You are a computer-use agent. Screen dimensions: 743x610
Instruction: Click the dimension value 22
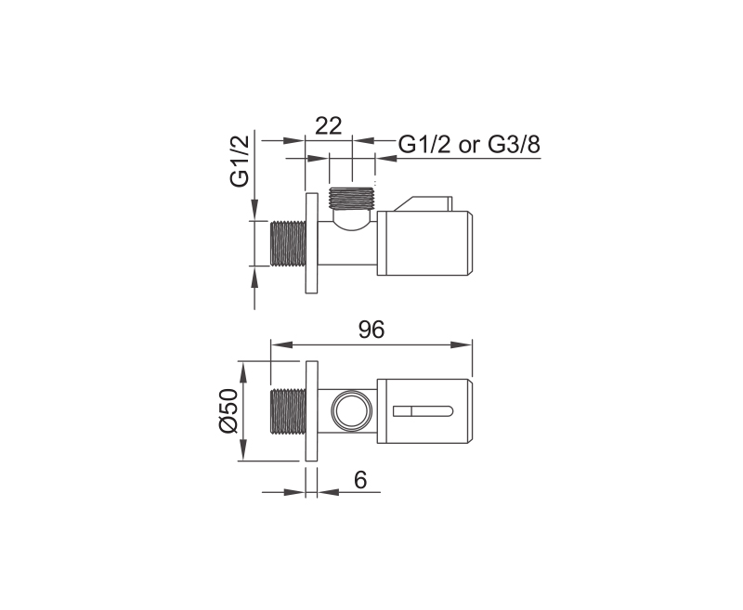coord(329,126)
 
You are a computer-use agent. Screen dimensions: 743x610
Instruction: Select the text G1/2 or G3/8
coord(469,144)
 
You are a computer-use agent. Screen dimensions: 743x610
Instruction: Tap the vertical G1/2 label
coord(240,161)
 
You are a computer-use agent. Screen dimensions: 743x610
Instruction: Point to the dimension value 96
coord(371,330)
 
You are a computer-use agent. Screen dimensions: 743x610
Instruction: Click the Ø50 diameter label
coord(228,410)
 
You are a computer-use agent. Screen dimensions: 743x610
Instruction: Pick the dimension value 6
coord(360,480)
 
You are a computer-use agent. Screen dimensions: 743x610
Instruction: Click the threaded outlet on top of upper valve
coord(352,199)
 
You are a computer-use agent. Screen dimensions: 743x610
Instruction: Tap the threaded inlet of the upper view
coord(287,243)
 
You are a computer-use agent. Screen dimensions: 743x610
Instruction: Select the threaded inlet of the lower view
coord(287,411)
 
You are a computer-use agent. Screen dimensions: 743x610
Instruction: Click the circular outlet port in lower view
coord(351,410)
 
